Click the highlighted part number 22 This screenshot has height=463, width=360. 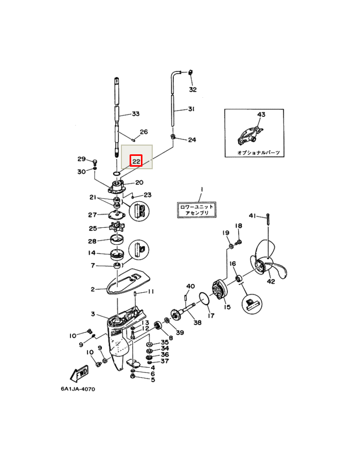point(136,162)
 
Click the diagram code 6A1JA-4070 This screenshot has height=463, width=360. point(78,389)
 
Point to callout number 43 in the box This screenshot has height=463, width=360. point(261,114)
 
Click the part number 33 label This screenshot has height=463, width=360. point(136,114)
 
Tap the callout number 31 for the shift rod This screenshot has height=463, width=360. point(191,109)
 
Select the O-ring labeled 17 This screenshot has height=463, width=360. point(205,299)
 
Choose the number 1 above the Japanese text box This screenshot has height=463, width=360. point(202,190)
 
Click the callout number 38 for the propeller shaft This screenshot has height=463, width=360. point(197,323)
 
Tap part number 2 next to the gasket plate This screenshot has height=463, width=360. point(93,290)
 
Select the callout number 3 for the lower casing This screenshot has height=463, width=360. point(93,314)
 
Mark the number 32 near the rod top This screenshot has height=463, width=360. point(192,90)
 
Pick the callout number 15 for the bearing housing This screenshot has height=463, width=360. point(227,307)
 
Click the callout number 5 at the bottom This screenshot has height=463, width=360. point(153,380)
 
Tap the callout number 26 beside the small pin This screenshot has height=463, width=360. point(143,132)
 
